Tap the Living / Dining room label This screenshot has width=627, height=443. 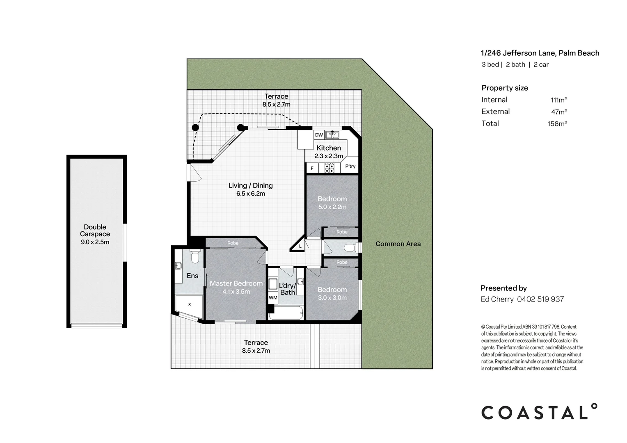click(250, 186)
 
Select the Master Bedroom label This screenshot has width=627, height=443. click(236, 283)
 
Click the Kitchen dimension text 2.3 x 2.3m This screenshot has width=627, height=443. click(328, 156)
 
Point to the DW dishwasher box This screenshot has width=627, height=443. click(319, 135)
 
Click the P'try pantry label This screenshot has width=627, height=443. click(350, 167)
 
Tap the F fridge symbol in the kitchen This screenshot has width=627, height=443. click(312, 168)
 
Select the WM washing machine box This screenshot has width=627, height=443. click(273, 298)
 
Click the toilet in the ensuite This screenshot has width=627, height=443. click(195, 257)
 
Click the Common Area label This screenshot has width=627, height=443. click(398, 244)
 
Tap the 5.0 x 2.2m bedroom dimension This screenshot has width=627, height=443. click(332, 207)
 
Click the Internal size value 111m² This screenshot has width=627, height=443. click(558, 100)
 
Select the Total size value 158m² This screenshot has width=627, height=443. click(557, 123)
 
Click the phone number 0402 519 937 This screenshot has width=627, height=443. click(540, 299)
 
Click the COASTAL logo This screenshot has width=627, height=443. click(539, 412)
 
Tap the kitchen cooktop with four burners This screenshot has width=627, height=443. click(329, 168)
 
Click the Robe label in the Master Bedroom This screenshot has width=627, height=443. click(233, 243)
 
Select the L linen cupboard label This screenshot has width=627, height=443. click(300, 246)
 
